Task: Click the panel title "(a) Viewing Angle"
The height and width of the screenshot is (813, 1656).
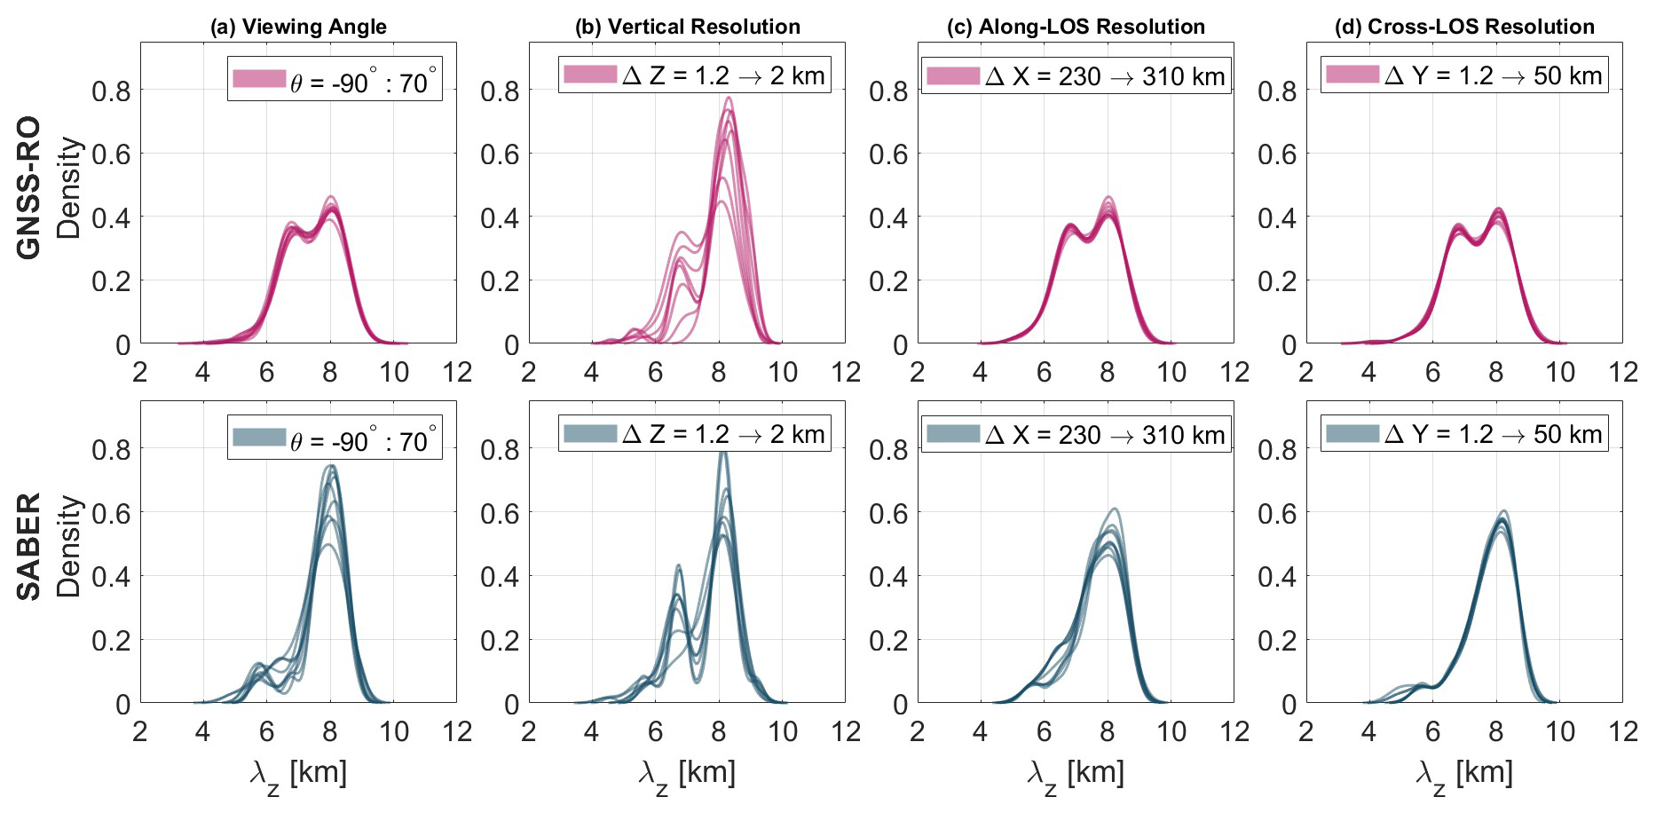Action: [x=298, y=27]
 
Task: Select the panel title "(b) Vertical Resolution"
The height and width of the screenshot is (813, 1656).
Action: [x=687, y=27]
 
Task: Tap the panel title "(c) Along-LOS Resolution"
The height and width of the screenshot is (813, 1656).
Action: [x=1076, y=27]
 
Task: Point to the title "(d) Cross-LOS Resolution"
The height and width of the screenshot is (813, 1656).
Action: [x=1464, y=27]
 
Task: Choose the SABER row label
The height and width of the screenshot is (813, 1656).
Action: [x=29, y=546]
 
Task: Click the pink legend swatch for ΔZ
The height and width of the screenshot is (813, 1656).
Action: [x=590, y=75]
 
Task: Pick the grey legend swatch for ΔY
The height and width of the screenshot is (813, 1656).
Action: [x=1352, y=434]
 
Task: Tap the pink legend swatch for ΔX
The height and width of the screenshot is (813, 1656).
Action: [x=953, y=75]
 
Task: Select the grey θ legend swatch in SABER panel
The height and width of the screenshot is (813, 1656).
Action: [x=259, y=438]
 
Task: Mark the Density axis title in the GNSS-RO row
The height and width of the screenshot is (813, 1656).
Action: [x=68, y=187]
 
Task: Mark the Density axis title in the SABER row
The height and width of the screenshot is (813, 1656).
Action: [x=68, y=546]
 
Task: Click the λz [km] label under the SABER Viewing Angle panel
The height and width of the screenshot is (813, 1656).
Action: [x=298, y=774]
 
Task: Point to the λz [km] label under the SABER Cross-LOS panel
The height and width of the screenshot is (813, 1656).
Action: [x=1464, y=774]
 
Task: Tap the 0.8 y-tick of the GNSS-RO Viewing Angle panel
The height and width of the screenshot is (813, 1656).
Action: [x=111, y=91]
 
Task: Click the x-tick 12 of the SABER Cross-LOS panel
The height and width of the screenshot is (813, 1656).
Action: [x=1623, y=731]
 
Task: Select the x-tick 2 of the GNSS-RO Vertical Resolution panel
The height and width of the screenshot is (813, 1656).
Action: [x=529, y=372]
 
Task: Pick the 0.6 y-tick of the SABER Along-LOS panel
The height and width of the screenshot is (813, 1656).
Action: [x=888, y=513]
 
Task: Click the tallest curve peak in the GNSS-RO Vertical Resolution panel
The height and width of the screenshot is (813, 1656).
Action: [x=729, y=98]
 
